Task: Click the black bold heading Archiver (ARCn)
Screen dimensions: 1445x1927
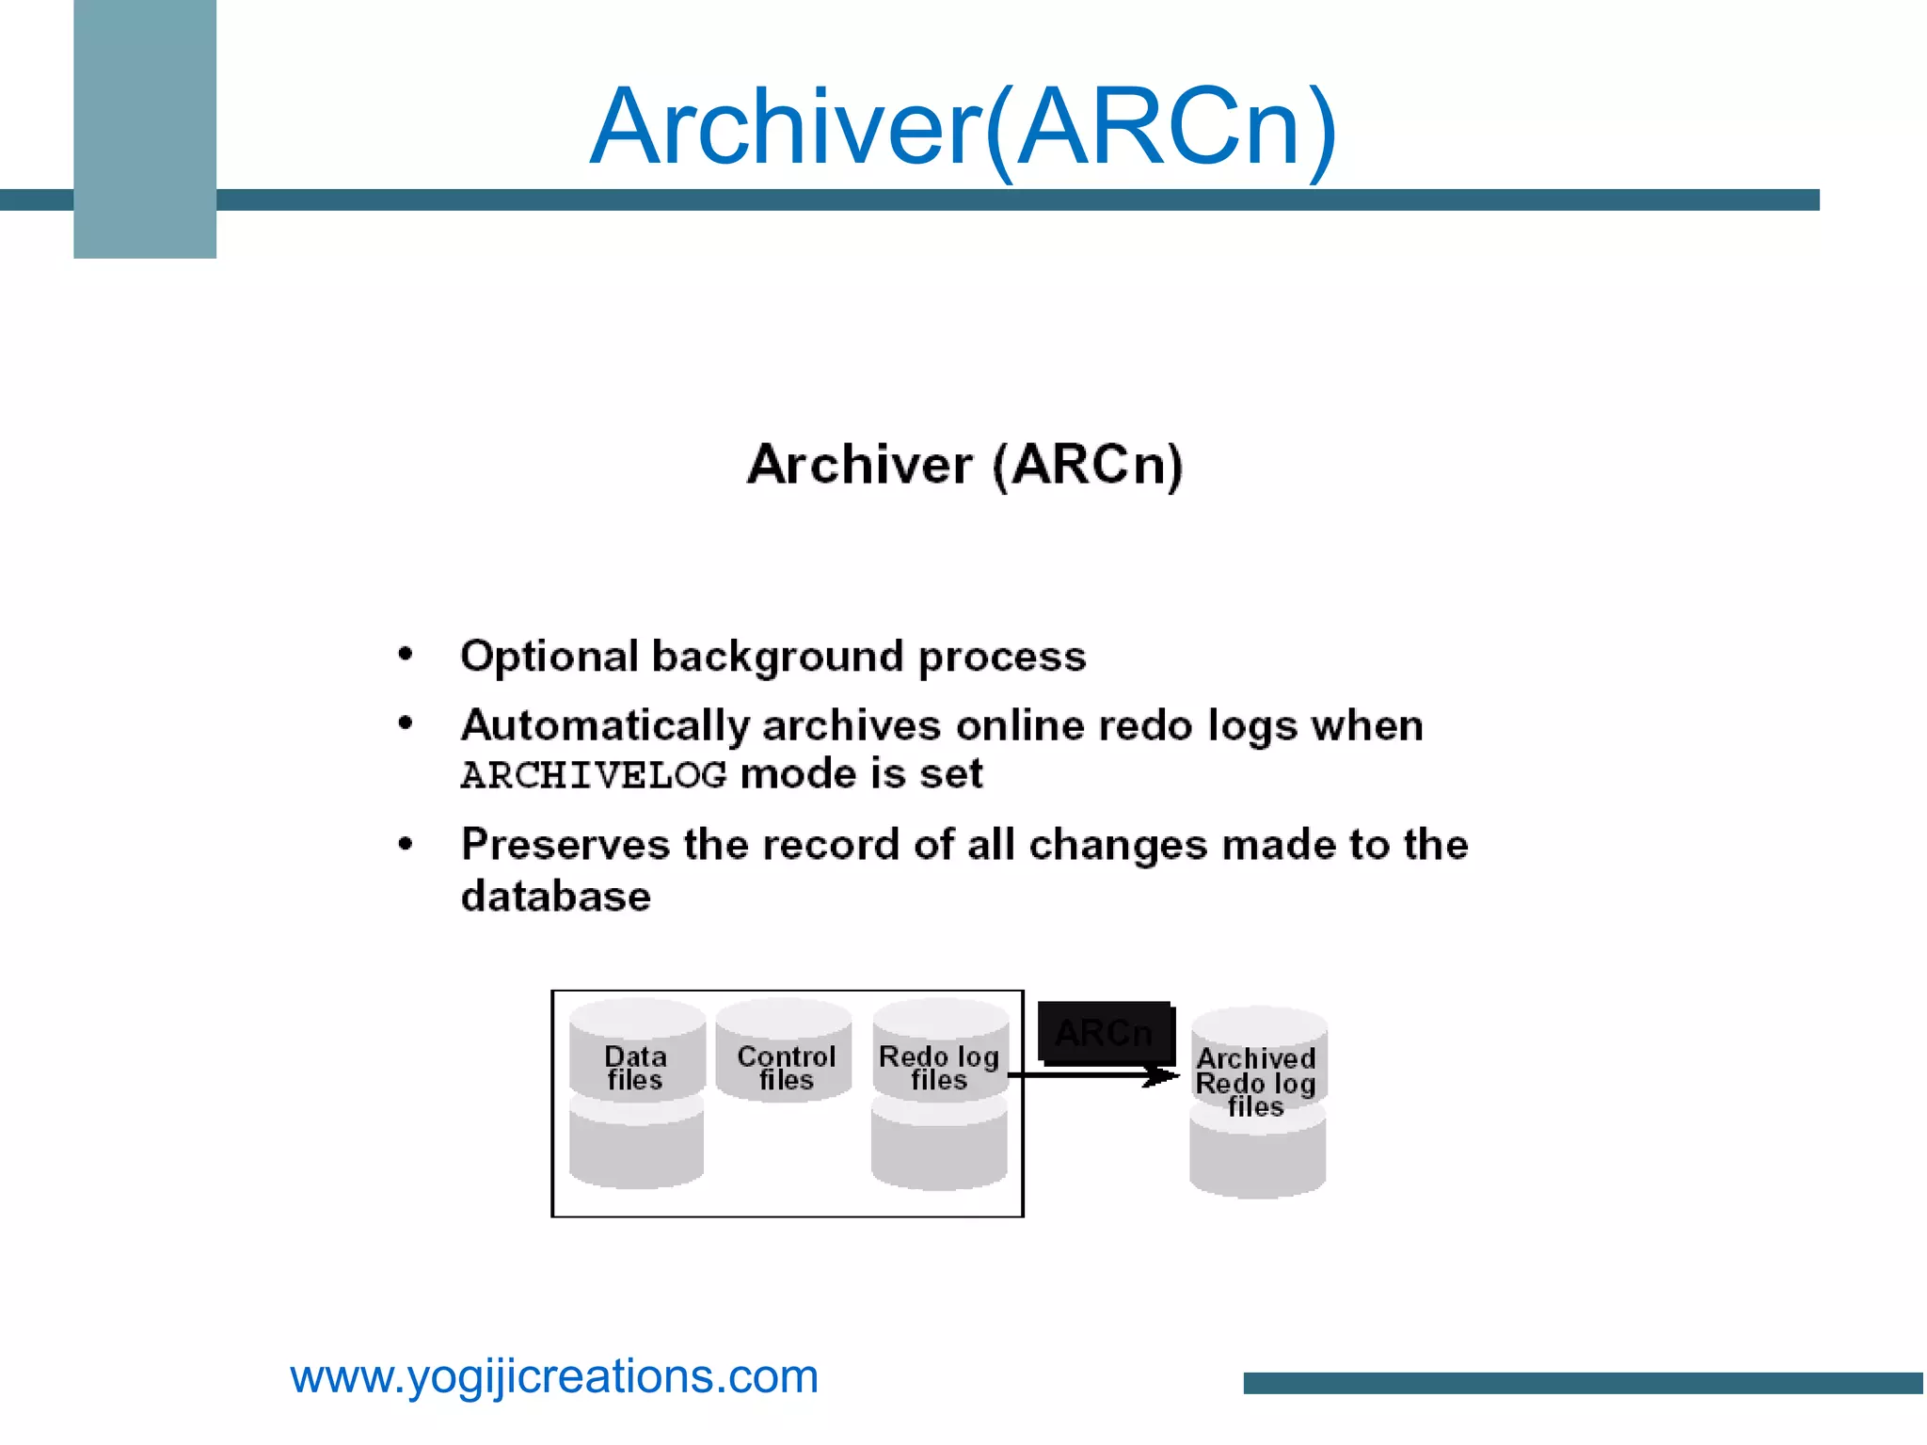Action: pyautogui.click(x=964, y=465)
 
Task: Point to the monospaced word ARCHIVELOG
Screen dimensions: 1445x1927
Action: pyautogui.click(x=593, y=776)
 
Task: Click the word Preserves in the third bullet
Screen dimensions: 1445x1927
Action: pyautogui.click(x=565, y=845)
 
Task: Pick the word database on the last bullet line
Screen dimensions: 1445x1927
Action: pyautogui.click(x=555, y=897)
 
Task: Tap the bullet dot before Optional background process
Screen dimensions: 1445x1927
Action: pyautogui.click(x=406, y=655)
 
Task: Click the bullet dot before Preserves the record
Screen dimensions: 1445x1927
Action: pyautogui.click(x=406, y=844)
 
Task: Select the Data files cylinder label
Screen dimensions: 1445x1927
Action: pyautogui.click(x=635, y=1068)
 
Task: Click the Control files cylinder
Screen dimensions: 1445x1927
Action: pyautogui.click(x=785, y=1049)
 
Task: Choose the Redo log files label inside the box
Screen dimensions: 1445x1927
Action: pyautogui.click(x=938, y=1068)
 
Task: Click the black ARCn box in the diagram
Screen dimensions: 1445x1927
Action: pyautogui.click(x=1105, y=1033)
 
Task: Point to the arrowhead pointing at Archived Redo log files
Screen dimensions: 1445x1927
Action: pyautogui.click(x=1165, y=1075)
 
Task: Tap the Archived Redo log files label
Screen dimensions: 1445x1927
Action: pyautogui.click(x=1256, y=1083)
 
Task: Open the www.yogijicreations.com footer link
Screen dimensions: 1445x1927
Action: pyautogui.click(x=554, y=1377)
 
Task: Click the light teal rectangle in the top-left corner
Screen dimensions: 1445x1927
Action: pyautogui.click(x=145, y=129)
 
